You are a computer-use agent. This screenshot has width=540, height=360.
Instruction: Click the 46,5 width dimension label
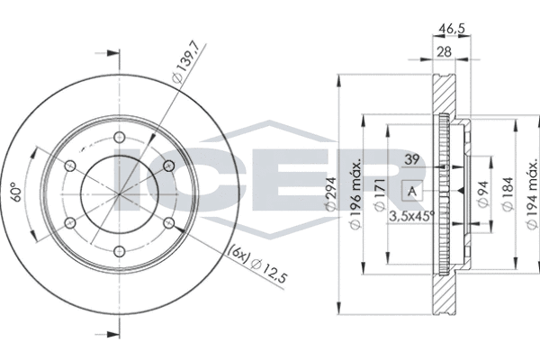click(452, 28)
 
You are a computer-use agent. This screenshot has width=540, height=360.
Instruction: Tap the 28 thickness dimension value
click(444, 52)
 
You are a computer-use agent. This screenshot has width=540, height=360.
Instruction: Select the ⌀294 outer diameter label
click(331, 193)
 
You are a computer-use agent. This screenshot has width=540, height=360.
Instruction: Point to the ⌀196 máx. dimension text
click(355, 193)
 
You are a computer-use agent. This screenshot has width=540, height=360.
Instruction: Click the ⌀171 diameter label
click(379, 194)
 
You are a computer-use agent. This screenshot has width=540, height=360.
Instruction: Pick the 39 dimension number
click(411, 159)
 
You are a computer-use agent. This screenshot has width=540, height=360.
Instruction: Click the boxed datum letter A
click(412, 191)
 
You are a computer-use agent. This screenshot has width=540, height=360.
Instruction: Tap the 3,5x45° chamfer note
click(411, 216)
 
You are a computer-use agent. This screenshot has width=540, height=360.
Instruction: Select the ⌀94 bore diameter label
click(483, 194)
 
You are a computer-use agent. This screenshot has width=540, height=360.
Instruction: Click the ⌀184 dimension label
click(508, 193)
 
